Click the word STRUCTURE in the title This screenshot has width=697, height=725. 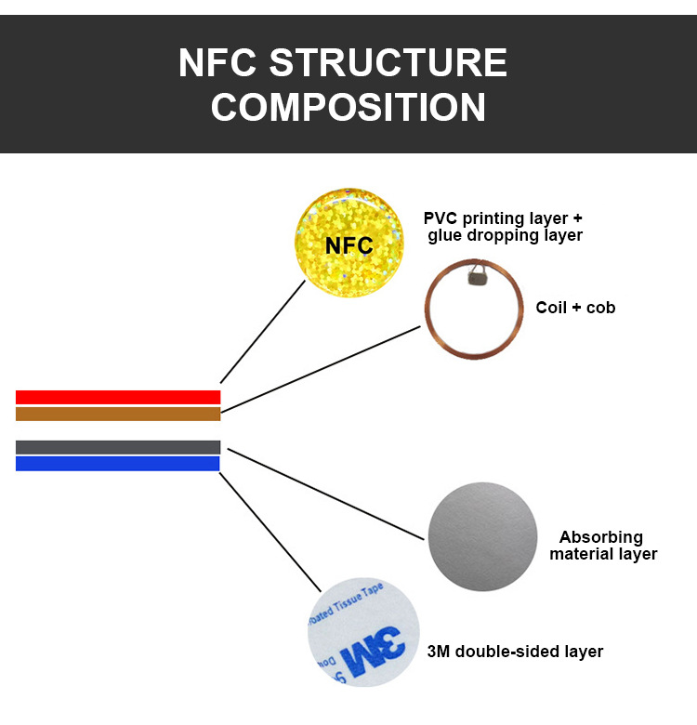click(388, 64)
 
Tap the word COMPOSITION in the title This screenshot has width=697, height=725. click(348, 107)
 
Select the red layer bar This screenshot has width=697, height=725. click(118, 397)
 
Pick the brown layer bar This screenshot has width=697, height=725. click(118, 414)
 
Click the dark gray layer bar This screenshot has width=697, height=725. click(118, 447)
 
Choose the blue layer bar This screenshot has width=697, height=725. click(118, 463)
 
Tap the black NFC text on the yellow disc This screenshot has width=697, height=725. click(349, 246)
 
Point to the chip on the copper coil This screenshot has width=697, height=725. click(479, 273)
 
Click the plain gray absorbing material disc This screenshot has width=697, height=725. click(483, 536)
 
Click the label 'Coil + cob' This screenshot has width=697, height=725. click(575, 307)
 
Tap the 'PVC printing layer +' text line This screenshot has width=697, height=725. click(503, 218)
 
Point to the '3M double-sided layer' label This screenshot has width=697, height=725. click(515, 652)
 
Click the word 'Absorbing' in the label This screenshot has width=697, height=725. click(600, 537)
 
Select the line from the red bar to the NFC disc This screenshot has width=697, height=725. click(262, 331)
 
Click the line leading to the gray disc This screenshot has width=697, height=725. click(325, 493)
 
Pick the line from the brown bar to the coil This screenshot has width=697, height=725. click(321, 369)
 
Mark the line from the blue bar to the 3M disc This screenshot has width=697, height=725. click(270, 530)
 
